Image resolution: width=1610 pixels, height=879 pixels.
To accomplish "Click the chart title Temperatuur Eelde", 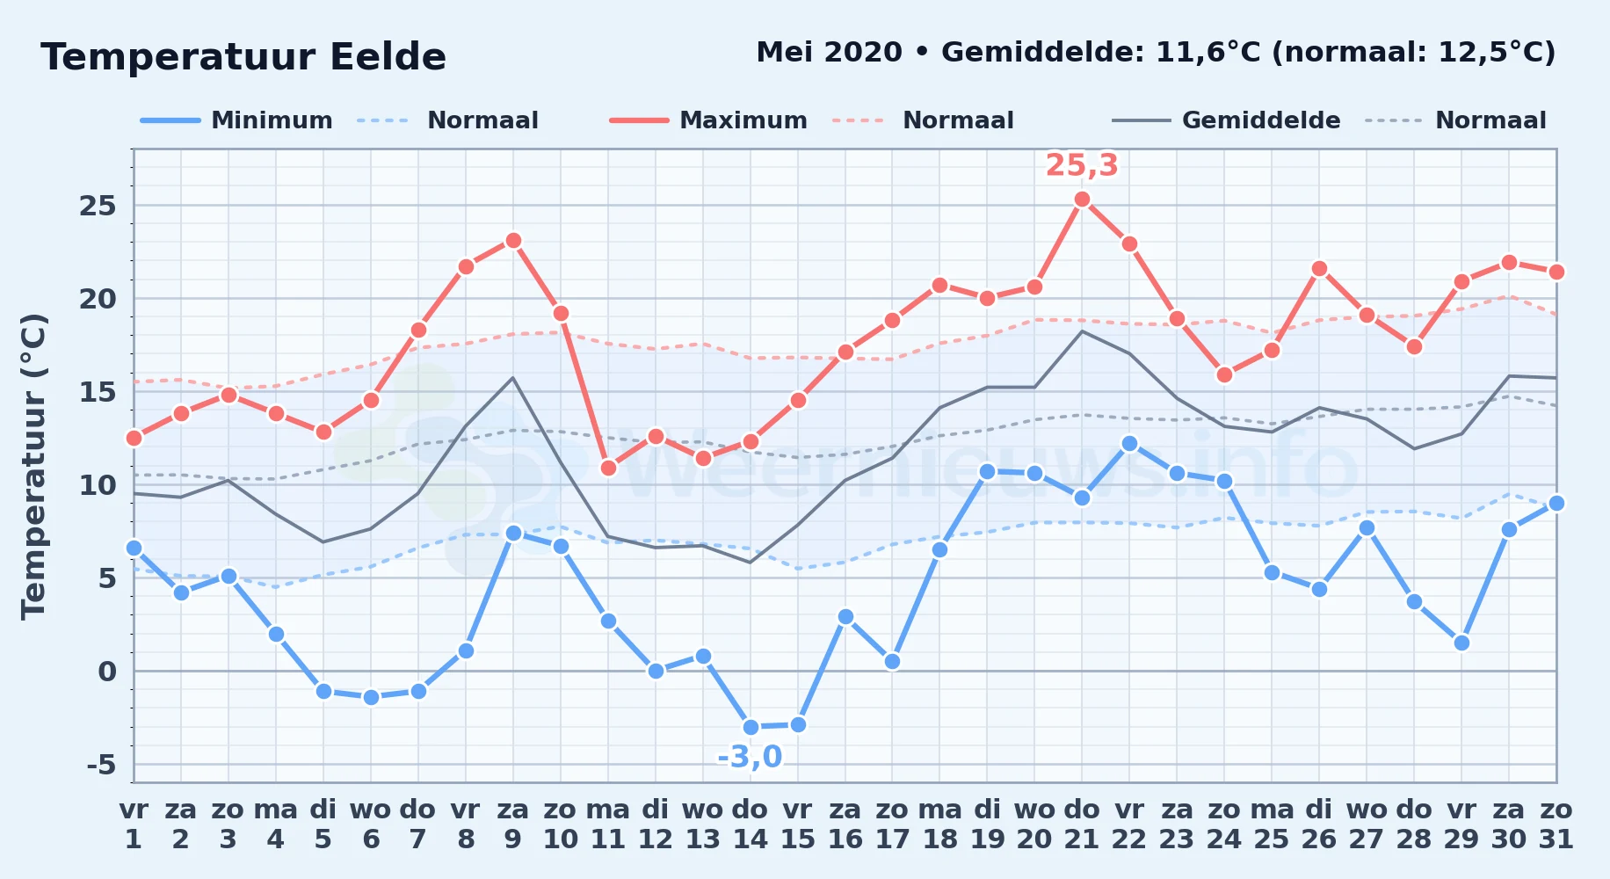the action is click(243, 57).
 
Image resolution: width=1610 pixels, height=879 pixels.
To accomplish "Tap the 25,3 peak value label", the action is click(1082, 165).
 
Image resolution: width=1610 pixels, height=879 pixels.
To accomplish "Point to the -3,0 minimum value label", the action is click(750, 757).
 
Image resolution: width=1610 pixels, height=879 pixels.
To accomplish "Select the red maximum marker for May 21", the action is click(1082, 200).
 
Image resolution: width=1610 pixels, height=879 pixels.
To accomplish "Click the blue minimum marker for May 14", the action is click(751, 727).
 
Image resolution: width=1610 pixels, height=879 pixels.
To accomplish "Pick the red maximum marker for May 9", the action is click(513, 240).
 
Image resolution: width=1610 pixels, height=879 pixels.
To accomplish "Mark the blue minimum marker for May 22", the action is click(1129, 444).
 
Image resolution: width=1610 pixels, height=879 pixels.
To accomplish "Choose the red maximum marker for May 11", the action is click(608, 468).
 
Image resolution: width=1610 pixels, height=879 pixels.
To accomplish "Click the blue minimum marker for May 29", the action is click(1461, 643).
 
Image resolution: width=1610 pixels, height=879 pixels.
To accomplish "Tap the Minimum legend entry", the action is click(236, 120).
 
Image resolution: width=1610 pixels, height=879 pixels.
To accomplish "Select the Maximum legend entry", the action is click(708, 120).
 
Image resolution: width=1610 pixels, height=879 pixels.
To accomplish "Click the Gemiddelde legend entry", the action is click(1226, 120).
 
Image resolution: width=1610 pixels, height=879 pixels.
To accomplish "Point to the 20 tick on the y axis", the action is click(98, 299).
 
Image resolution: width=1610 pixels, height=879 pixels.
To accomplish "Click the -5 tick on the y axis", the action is click(101, 765).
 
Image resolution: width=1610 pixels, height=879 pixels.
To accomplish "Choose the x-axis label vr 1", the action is click(134, 825).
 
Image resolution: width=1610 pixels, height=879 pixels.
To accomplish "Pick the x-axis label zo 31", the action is click(1556, 825).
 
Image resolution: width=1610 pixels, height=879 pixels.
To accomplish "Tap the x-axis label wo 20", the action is click(1034, 825).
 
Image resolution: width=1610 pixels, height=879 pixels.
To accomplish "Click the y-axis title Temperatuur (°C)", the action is click(34, 466).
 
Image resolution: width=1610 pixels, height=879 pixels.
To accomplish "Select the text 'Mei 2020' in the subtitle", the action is click(829, 53).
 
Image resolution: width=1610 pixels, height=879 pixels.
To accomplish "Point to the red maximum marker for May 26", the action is click(1319, 269).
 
